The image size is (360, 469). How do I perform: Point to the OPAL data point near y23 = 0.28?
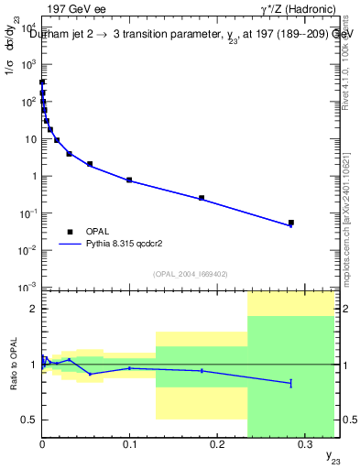coord(290,223)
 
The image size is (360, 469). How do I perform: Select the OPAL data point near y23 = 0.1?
coord(129,180)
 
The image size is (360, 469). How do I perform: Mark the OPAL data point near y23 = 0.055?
coord(90,164)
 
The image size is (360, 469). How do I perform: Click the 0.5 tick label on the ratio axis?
coord(29,420)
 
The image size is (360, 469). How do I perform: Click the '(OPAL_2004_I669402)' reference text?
coord(169,273)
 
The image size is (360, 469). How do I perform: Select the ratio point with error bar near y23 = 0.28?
coord(290,382)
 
